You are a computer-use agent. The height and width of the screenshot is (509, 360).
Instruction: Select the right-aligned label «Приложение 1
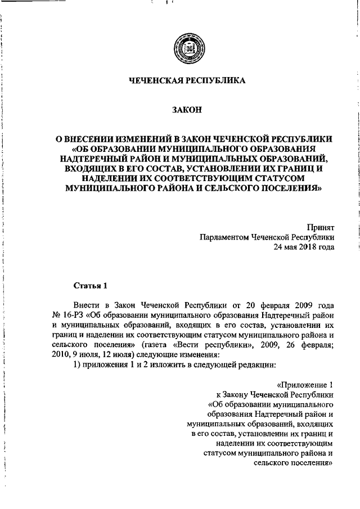point(305,385)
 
